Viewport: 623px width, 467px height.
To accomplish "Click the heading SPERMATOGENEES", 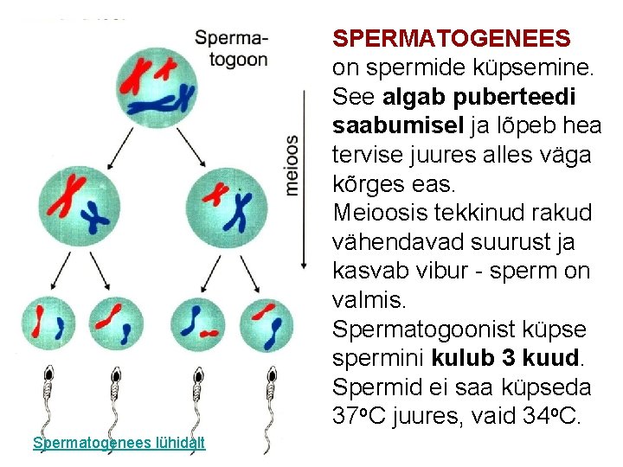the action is click(x=452, y=39).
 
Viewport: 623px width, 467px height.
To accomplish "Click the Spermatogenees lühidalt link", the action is click(x=119, y=443).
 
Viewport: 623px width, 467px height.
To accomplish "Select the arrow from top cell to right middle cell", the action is click(x=194, y=148).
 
